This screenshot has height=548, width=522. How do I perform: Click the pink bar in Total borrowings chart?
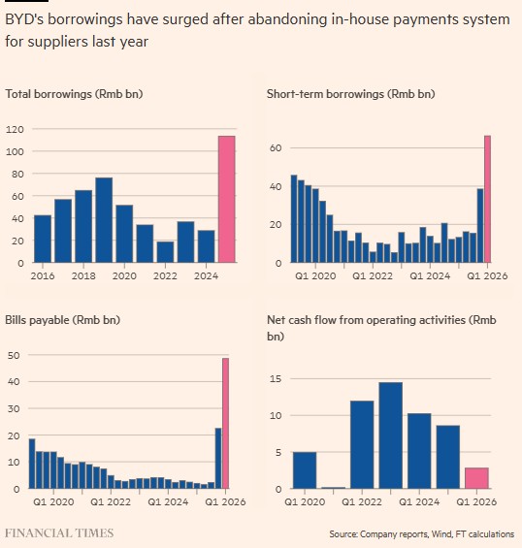click(x=227, y=199)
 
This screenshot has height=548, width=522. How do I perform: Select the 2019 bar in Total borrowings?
click(x=104, y=220)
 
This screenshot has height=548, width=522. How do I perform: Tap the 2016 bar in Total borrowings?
click(x=43, y=239)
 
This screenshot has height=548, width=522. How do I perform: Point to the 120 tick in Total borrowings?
click(x=15, y=129)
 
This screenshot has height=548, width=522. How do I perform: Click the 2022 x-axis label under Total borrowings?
click(x=165, y=275)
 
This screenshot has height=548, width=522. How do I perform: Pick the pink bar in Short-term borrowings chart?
click(x=487, y=199)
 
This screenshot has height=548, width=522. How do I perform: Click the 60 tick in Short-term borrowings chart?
click(x=276, y=147)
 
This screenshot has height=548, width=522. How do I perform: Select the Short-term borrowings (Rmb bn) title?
click(x=350, y=94)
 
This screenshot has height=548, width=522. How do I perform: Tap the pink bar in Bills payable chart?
click(x=225, y=423)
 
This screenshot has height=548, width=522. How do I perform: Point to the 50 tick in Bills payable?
click(x=14, y=355)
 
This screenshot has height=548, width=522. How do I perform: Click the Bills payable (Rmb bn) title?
click(x=63, y=320)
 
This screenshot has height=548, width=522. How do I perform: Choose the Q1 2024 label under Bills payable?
click(x=168, y=501)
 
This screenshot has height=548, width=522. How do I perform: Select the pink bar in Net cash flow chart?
click(x=476, y=478)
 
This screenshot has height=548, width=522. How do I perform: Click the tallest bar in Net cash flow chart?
click(x=391, y=435)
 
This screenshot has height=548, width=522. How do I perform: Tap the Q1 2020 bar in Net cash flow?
click(x=305, y=470)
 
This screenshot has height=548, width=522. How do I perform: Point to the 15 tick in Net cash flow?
click(x=276, y=379)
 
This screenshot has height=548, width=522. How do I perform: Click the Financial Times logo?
click(x=59, y=533)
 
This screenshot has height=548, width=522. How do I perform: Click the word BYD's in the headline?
click(x=24, y=19)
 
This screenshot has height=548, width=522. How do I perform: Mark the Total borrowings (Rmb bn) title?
click(x=74, y=94)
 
